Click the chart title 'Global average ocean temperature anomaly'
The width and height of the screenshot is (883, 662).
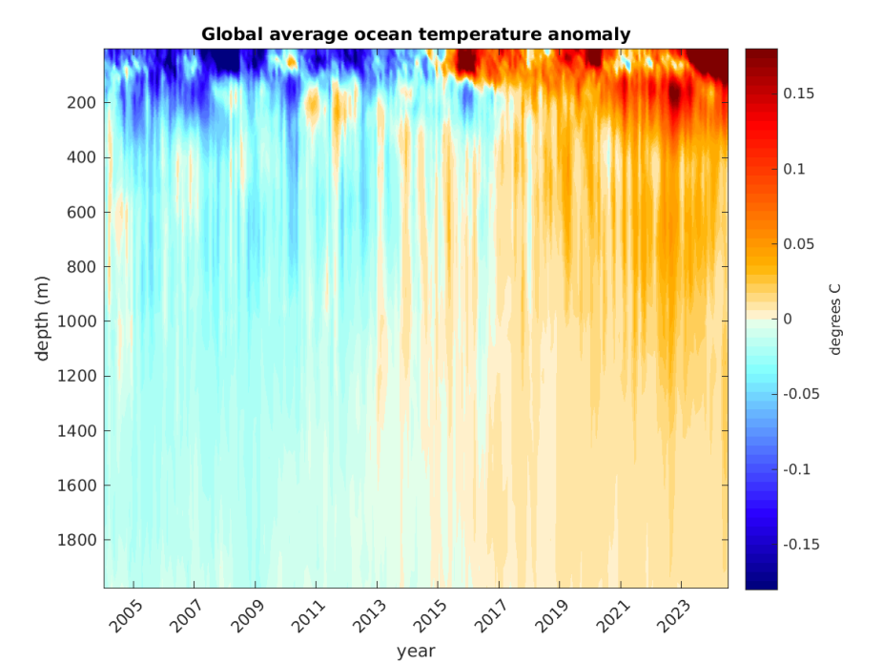tap(416, 34)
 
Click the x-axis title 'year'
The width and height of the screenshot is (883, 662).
tap(416, 651)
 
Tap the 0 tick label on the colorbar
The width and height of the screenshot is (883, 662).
tap(789, 319)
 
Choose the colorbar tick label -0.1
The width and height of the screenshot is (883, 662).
tap(798, 469)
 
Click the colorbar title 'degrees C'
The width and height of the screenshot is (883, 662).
tap(836, 319)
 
